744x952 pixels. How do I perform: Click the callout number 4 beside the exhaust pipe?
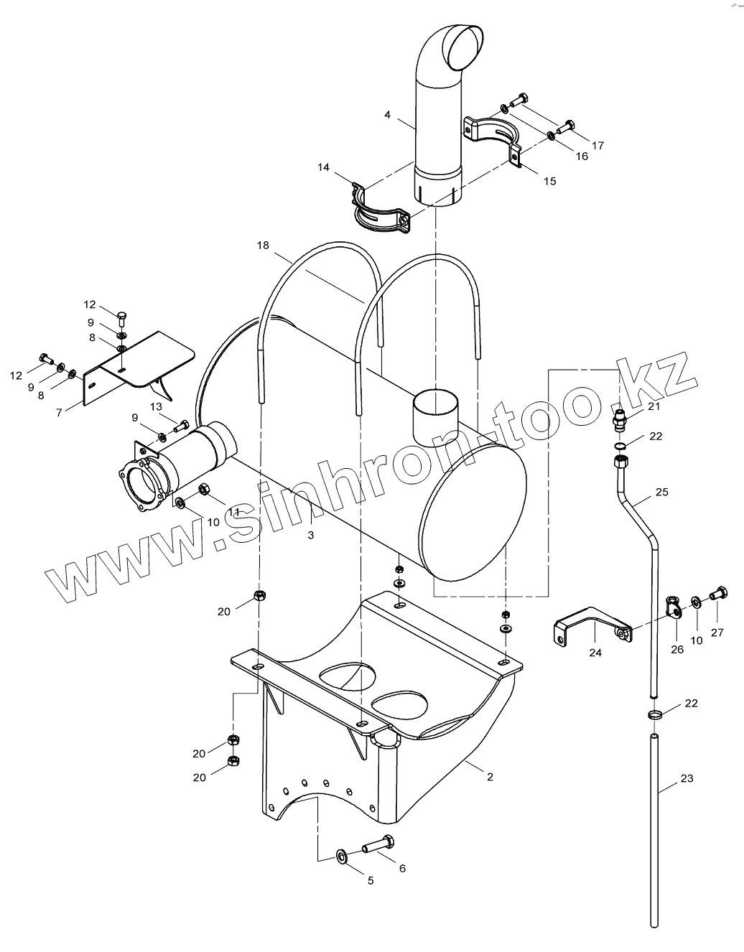click(x=388, y=115)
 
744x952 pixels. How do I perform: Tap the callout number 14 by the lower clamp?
click(x=323, y=167)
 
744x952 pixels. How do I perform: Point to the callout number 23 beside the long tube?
click(x=687, y=778)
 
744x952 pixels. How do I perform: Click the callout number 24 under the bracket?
click(x=595, y=653)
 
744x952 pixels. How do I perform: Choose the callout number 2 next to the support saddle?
click(x=489, y=777)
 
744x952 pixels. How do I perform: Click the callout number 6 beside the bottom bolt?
click(x=402, y=868)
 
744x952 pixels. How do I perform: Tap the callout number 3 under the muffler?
click(x=310, y=535)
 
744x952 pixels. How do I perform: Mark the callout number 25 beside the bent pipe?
click(x=661, y=492)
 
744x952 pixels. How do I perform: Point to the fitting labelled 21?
click(x=619, y=418)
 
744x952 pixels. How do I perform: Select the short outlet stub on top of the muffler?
click(x=435, y=416)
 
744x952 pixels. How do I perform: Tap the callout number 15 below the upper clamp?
click(x=549, y=181)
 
